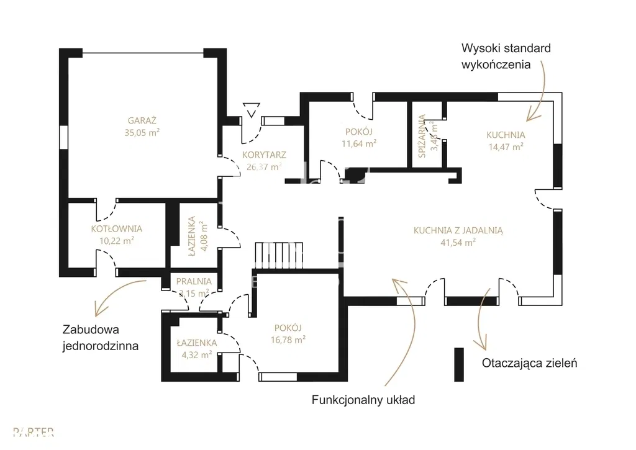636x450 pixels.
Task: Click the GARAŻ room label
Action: [142, 120]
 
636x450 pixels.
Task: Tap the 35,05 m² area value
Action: [142, 132]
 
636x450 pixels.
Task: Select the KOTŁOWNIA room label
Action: [116, 228]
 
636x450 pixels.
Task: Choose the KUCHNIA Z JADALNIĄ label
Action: [458, 230]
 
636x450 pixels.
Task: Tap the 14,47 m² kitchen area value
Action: [506, 146]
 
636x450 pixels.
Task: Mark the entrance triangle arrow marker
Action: [251, 111]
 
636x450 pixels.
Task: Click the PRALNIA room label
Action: [194, 281]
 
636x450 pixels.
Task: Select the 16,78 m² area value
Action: [287, 340]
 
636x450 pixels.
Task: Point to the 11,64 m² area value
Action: [359, 143]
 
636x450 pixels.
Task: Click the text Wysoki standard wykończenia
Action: [506, 56]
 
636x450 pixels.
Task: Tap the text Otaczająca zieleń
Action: [529, 363]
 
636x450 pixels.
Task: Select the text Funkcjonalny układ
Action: [363, 400]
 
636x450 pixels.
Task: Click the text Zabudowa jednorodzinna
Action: [99, 337]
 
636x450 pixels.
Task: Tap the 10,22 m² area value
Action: [116, 240]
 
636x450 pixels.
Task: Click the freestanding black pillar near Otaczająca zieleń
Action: [459, 364]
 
